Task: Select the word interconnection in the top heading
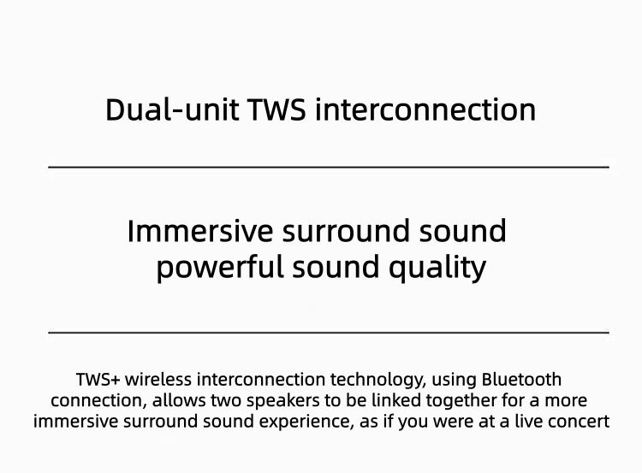tap(425, 110)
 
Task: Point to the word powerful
tap(220, 268)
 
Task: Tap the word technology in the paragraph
tap(383, 379)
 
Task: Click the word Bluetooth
tap(522, 379)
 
